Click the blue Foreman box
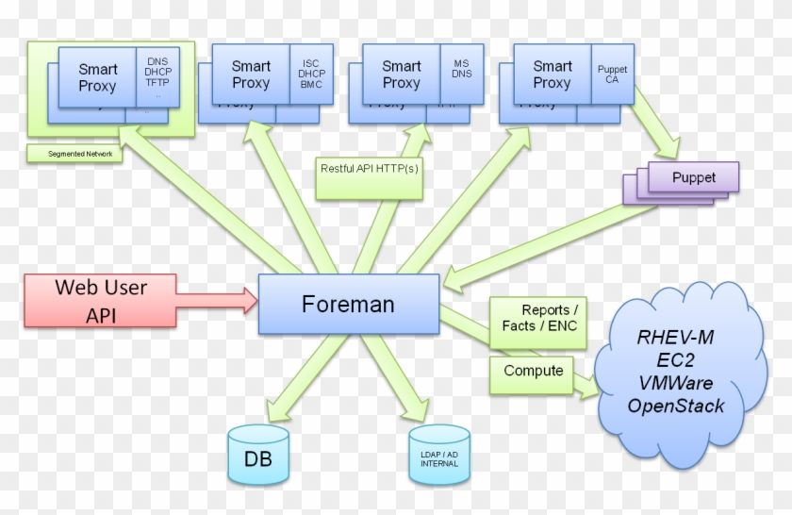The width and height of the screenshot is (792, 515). click(348, 305)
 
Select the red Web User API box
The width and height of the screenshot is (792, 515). click(100, 300)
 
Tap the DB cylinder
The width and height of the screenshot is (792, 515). click(258, 453)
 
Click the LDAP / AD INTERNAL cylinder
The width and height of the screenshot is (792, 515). click(439, 452)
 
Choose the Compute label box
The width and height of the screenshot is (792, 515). click(533, 372)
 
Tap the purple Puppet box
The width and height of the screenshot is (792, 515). click(693, 177)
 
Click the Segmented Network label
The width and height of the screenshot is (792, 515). click(74, 153)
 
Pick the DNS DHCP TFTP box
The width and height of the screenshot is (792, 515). click(157, 74)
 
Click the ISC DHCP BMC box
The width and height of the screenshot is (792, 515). click(310, 71)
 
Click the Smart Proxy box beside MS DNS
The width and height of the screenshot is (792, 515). click(401, 75)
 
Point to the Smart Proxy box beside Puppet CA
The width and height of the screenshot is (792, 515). click(552, 75)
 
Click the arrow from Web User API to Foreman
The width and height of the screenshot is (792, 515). click(216, 301)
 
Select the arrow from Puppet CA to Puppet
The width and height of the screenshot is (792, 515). click(654, 128)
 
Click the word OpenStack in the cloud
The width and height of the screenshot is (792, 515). click(677, 407)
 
